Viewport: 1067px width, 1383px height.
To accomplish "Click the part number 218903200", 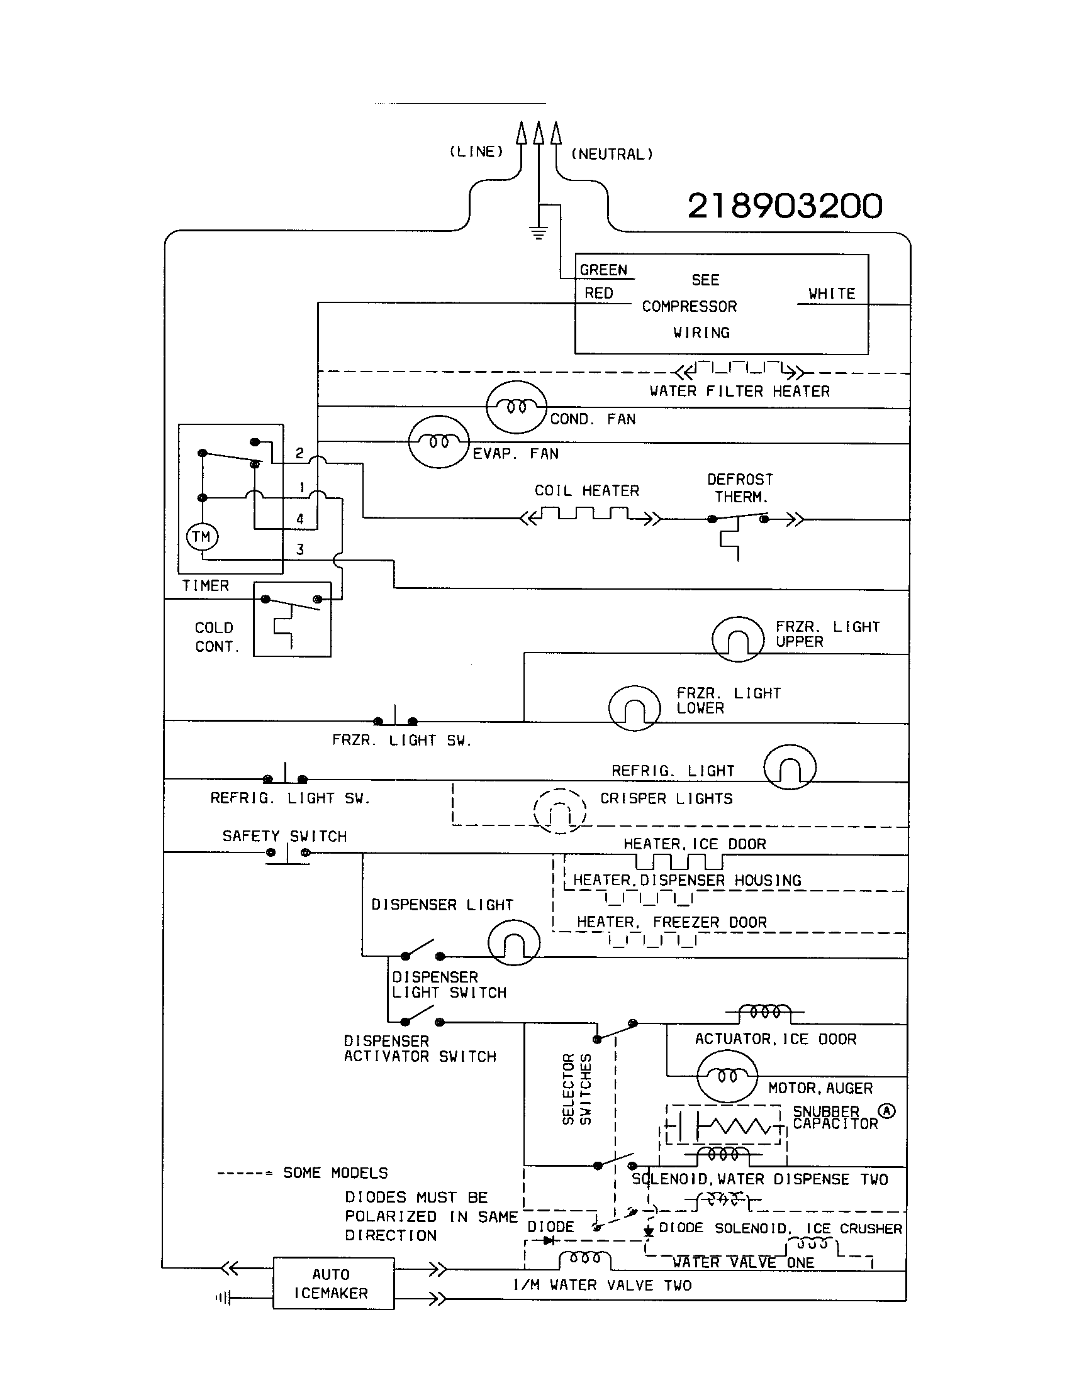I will [x=785, y=206].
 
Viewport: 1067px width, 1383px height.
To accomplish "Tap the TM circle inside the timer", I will [x=202, y=537].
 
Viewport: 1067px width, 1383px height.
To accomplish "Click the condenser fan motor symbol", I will [x=516, y=407].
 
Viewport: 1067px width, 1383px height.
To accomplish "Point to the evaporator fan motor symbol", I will [x=439, y=441].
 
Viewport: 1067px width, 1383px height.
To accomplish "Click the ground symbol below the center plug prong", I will [x=539, y=233].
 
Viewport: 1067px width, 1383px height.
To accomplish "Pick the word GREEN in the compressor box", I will [x=603, y=270].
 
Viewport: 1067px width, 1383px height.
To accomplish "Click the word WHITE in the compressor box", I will [x=831, y=294].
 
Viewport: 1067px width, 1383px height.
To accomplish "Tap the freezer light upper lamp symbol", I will [x=737, y=639].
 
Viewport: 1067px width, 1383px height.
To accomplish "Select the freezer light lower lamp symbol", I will [x=634, y=708].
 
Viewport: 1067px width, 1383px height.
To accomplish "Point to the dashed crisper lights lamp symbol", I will [x=559, y=811].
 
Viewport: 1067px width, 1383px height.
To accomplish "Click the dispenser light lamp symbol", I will [x=514, y=942].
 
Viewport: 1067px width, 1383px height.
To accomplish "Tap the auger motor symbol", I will [x=727, y=1076].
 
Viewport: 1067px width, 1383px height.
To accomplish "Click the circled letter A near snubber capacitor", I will [x=887, y=1111].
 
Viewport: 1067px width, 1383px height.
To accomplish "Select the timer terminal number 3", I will [x=300, y=549].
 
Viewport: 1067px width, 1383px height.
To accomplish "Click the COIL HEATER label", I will [x=587, y=491].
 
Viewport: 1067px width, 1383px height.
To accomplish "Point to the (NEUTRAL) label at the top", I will [x=612, y=154].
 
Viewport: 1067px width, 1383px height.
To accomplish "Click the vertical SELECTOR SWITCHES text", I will [x=576, y=1089].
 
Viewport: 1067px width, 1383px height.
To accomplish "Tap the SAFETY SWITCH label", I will [x=284, y=837].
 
